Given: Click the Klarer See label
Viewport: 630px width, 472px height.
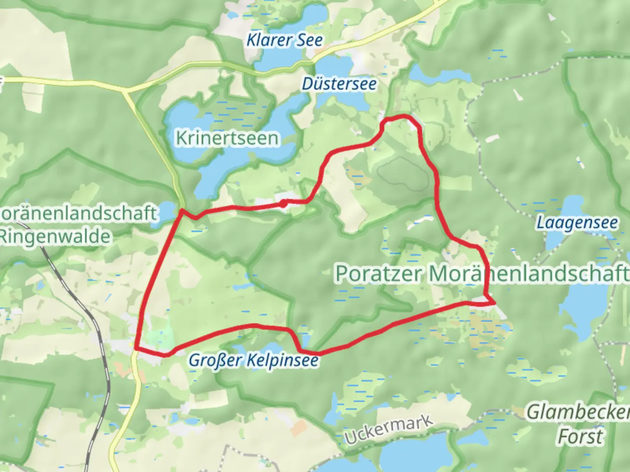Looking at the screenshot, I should tap(284, 40).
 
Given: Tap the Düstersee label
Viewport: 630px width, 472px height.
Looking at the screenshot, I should tap(339, 83).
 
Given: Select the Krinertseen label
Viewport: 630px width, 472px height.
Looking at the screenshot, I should tap(227, 138).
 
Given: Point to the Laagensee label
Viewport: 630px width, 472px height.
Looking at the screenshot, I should tap(577, 223).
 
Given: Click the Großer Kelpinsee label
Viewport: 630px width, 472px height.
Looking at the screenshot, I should tap(253, 361).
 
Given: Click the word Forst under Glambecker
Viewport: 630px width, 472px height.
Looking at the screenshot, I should tap(581, 436).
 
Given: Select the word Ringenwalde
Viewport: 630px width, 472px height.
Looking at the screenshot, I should tap(55, 237).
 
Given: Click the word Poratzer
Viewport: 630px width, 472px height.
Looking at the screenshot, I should tap(379, 274).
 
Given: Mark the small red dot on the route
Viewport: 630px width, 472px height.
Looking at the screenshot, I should tap(283, 203).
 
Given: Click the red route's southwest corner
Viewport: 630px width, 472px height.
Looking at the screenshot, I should tap(136, 348).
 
